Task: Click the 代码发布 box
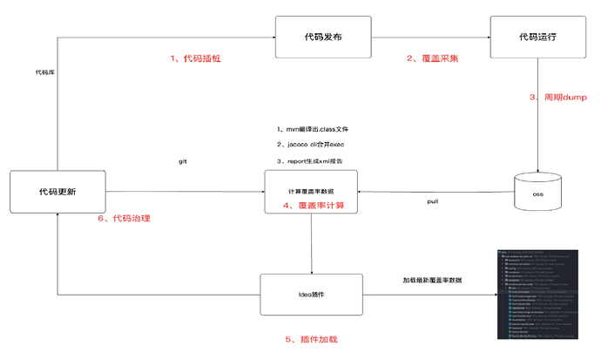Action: [x=323, y=38]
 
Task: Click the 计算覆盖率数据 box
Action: [x=311, y=191]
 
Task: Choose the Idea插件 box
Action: [x=311, y=295]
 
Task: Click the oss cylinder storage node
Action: [x=537, y=192]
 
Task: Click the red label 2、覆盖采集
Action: [x=432, y=58]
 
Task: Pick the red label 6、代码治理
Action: [x=127, y=219]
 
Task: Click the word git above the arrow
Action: [x=183, y=162]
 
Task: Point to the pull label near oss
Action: [x=432, y=201]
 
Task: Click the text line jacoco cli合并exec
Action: [x=311, y=145]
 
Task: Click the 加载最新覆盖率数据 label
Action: [x=432, y=280]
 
